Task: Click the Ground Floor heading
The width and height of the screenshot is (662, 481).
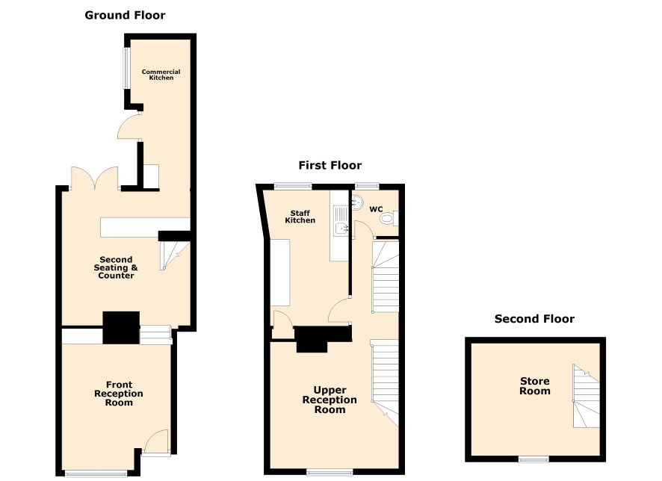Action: click(x=125, y=15)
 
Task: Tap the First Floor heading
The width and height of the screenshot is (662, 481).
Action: click(x=330, y=165)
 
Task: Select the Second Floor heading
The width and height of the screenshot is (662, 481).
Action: click(x=534, y=319)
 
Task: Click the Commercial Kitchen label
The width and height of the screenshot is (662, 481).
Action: click(x=161, y=75)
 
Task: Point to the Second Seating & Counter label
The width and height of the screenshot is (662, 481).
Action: click(x=116, y=267)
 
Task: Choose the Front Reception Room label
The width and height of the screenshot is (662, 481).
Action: click(x=119, y=393)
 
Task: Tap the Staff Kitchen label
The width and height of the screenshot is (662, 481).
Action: click(x=300, y=217)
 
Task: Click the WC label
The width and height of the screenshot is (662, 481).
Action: click(x=376, y=209)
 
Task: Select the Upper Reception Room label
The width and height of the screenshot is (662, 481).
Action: click(x=330, y=400)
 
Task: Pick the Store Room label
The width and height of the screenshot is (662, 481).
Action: click(x=534, y=386)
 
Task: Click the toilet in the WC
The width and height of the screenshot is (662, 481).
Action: click(x=389, y=218)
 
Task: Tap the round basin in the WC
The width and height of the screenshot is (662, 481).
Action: click(x=357, y=202)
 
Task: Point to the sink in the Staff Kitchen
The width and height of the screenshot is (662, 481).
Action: click(x=340, y=222)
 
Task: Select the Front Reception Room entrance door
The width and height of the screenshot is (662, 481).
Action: click(x=156, y=441)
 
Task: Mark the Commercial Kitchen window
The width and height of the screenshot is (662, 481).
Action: click(x=126, y=68)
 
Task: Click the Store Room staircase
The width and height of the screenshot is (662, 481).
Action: click(x=586, y=396)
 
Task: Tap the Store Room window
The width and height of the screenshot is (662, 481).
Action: click(x=533, y=459)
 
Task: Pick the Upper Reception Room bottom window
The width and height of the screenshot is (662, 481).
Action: click(x=330, y=472)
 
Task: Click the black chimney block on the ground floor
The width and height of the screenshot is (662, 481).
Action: click(x=121, y=327)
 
